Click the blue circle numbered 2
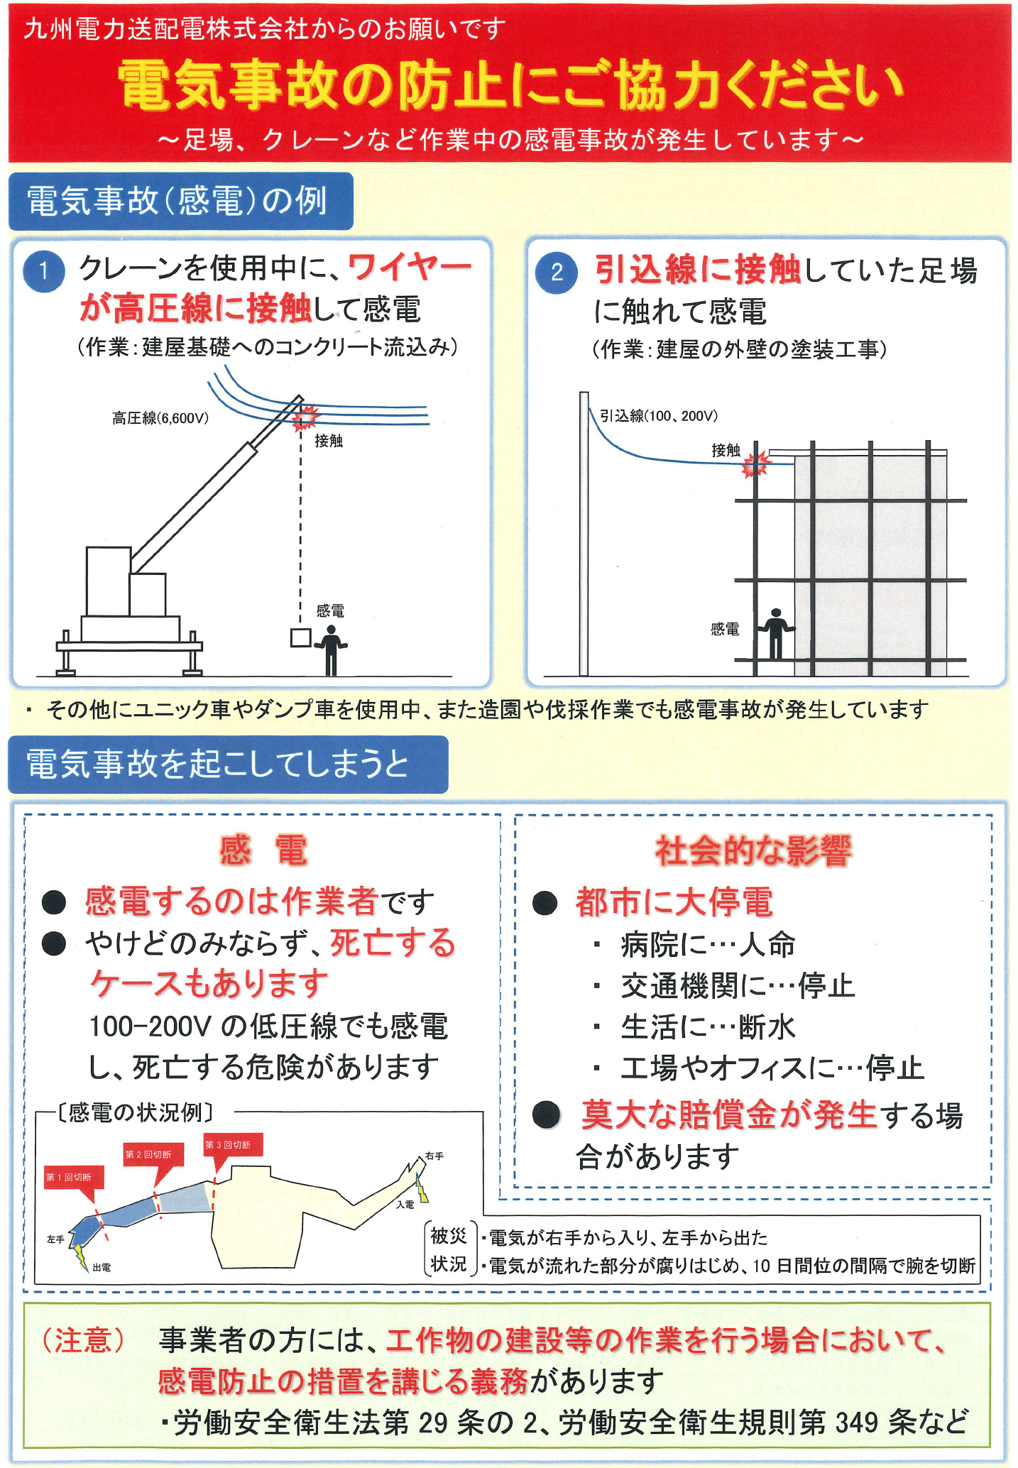[557, 273]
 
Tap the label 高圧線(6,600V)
[160, 418]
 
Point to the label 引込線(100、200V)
[659, 416]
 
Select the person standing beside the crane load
[332, 650]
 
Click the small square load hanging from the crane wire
[300, 637]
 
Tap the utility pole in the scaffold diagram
[584, 534]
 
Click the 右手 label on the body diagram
[434, 1156]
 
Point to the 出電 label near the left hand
[102, 1267]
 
